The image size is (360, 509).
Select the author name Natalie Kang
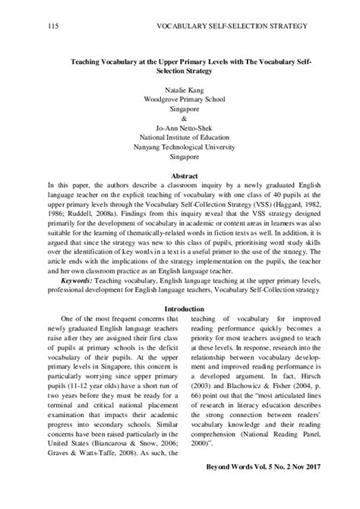(179, 89)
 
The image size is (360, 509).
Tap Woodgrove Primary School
(179, 99)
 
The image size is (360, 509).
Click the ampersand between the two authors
(179, 119)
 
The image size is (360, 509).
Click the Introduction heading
(179, 288)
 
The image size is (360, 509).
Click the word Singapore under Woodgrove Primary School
(179, 109)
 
